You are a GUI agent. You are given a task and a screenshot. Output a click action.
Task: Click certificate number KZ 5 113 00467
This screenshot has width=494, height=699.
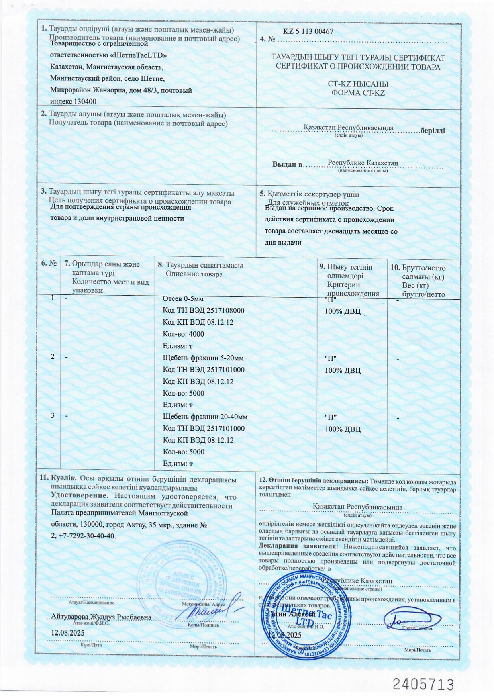click(308, 31)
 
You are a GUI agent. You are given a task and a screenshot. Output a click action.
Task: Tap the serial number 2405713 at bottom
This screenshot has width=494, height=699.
click(423, 684)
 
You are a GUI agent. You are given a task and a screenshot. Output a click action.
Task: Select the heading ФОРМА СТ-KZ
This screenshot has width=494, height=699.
click(358, 93)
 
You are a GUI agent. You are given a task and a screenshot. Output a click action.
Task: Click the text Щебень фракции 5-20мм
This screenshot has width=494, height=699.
click(203, 358)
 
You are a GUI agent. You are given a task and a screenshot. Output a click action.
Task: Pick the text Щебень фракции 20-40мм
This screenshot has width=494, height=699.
click(205, 417)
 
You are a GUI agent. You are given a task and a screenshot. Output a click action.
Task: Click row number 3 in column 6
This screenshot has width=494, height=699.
click(53, 415)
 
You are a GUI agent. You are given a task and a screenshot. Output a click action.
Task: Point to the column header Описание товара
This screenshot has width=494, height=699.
click(194, 274)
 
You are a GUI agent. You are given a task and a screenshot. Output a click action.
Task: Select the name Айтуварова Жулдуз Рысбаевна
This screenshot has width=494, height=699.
click(101, 617)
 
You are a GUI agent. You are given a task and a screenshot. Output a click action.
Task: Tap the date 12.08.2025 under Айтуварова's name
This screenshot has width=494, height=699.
click(67, 632)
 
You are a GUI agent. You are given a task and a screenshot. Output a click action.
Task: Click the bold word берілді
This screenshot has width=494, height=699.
click(433, 131)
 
